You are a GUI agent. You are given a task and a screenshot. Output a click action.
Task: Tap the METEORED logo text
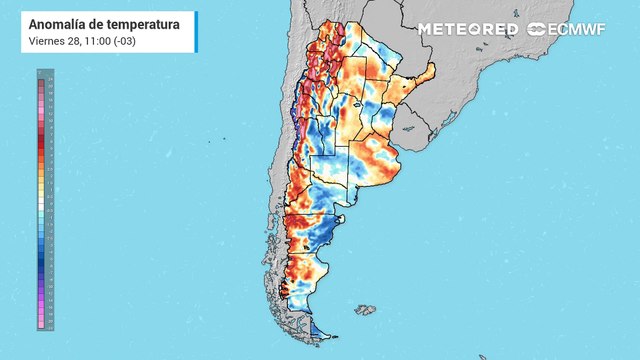[467, 29]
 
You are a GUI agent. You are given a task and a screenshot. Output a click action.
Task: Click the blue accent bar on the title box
[22, 31]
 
